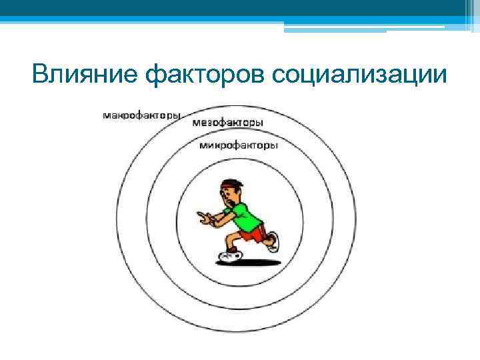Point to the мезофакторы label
227,123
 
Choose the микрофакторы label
238,145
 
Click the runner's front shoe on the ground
228,255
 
